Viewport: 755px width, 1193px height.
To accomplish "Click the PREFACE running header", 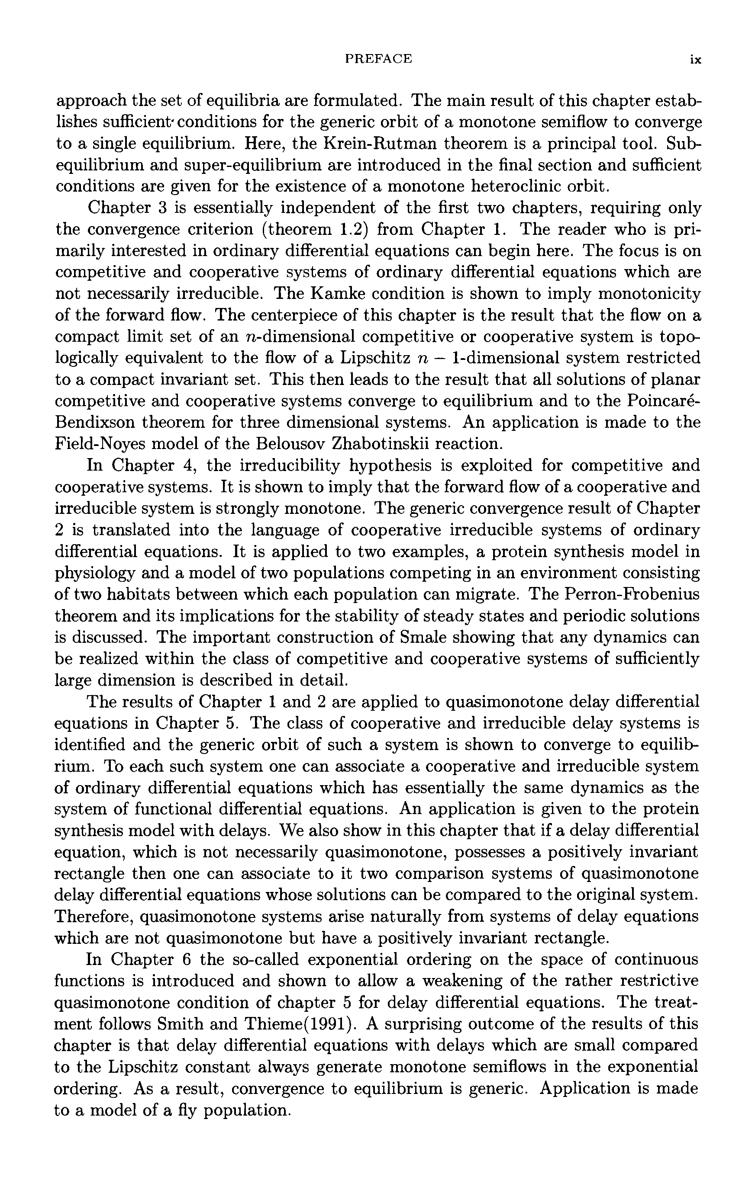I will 378,59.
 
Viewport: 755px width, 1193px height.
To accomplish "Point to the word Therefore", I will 93,917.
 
